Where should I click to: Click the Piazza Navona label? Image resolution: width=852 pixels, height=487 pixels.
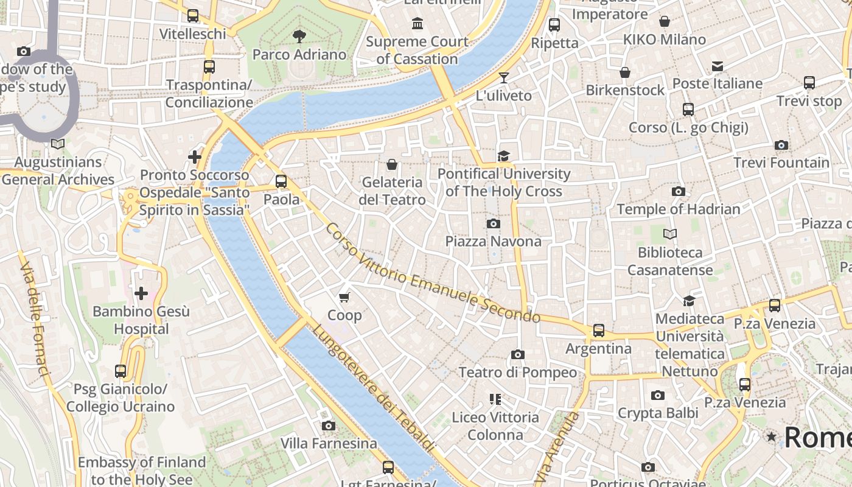pos(493,241)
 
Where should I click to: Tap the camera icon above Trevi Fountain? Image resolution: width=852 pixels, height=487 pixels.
pos(781,145)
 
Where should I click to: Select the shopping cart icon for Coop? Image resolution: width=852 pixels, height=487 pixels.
pos(344,297)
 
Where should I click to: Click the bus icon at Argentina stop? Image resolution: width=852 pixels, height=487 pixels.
pos(599,331)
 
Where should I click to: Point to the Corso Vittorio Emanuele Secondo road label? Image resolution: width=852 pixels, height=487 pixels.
pos(433,274)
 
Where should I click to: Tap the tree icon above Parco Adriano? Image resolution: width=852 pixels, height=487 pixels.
pos(299,37)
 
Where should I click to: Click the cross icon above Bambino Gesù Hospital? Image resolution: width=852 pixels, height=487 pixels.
pos(141,294)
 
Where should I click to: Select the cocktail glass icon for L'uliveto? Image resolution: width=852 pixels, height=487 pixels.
pos(503,77)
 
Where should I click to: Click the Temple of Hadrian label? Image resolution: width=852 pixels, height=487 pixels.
pos(678,209)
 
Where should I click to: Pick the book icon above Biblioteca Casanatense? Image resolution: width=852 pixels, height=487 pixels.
pos(670,234)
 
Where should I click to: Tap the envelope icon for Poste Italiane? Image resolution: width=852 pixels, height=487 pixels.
pos(718,66)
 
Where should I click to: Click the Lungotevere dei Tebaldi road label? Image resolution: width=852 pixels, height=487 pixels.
pos(374,390)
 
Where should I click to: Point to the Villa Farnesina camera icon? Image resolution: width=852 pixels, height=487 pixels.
pos(329,426)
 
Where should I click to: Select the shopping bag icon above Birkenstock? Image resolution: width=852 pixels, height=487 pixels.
pos(624,72)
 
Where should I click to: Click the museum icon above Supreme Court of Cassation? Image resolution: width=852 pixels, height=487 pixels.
pos(417,24)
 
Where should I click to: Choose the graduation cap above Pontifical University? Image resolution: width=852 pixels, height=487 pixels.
pos(503,156)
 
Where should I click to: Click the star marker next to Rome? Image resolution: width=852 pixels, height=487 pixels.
pos(772,436)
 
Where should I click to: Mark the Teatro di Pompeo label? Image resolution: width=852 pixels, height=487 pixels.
pos(517,372)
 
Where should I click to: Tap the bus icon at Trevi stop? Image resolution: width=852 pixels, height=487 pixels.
pos(809,83)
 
